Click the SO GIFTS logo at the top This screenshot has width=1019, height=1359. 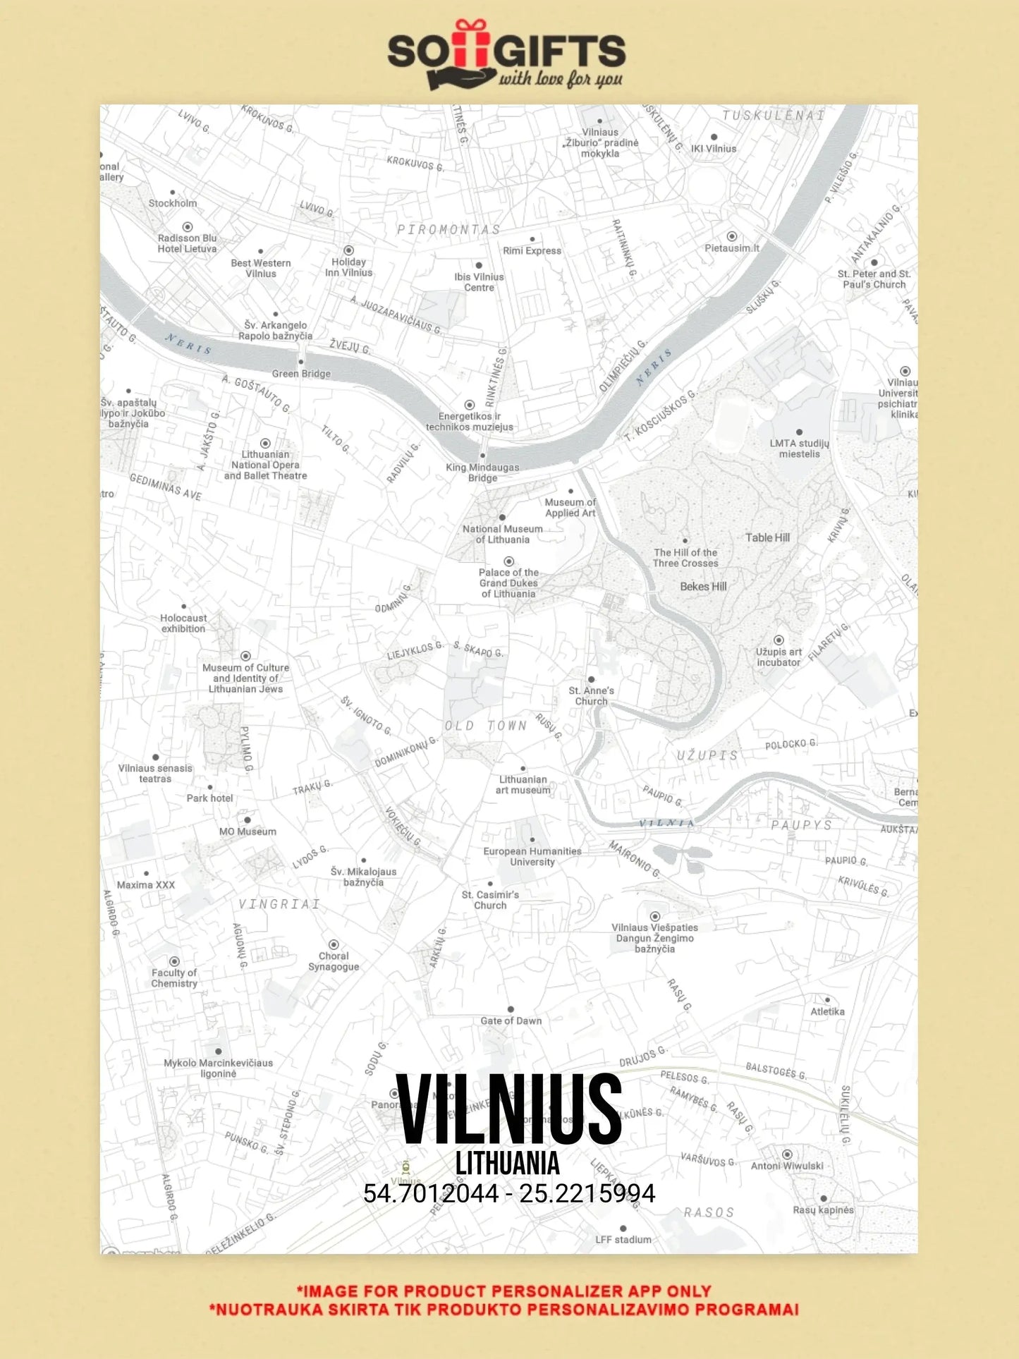pos(506,55)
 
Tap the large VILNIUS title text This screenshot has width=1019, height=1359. pos(508,1109)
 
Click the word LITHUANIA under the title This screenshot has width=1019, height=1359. pos(508,1164)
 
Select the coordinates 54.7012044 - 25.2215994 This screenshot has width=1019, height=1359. pos(509,1193)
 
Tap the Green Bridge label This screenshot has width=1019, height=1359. pos(301,374)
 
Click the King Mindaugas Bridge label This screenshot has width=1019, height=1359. pos(482,473)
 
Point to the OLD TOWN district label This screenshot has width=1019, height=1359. pos(486,726)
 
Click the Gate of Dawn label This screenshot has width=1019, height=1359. pos(511,1020)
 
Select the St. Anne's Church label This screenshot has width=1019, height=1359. pos(591,695)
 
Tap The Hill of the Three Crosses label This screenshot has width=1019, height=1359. pos(685,558)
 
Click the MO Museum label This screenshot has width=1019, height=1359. pos(248,831)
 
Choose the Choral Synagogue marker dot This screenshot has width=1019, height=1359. pos(334,944)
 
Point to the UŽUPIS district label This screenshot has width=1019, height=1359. pos(707,755)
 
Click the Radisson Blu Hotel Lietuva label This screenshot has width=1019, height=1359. pos(187,243)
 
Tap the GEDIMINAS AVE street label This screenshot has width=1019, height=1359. pos(166,487)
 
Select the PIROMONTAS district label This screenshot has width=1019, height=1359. pos(449,230)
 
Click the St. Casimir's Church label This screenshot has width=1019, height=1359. pos(490,900)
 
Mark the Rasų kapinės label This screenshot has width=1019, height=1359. pos(823,1209)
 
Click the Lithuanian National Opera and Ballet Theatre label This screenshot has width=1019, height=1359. pos(265,465)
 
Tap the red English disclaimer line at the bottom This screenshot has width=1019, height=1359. pos(504,1291)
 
